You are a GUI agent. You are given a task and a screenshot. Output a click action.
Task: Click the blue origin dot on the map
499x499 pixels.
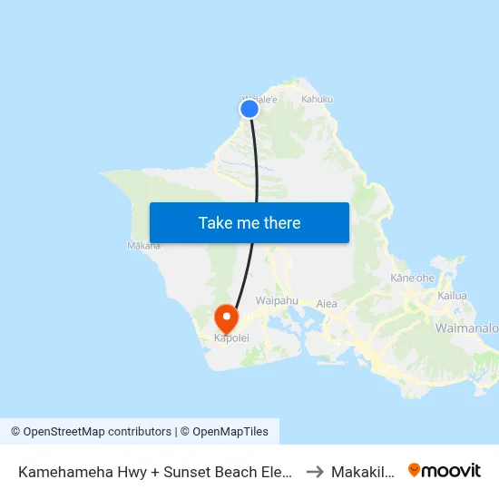[x=249, y=109]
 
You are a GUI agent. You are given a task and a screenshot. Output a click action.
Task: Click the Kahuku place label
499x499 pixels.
[x=318, y=99]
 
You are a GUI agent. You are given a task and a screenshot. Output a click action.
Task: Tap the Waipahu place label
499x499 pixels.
[x=277, y=300]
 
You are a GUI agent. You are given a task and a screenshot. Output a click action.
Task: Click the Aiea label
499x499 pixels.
[x=328, y=303]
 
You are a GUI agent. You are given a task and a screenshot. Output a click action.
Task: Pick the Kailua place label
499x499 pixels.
[x=452, y=296]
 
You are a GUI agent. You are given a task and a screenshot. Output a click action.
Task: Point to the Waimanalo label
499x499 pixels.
[x=466, y=327]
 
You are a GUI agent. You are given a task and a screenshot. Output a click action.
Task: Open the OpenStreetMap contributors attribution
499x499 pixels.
[x=91, y=432]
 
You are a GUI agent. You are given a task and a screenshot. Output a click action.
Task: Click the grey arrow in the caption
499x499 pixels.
[x=315, y=471]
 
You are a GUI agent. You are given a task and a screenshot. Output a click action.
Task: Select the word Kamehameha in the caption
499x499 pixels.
[x=64, y=471]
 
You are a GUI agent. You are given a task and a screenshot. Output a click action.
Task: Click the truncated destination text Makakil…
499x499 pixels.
[x=362, y=471]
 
